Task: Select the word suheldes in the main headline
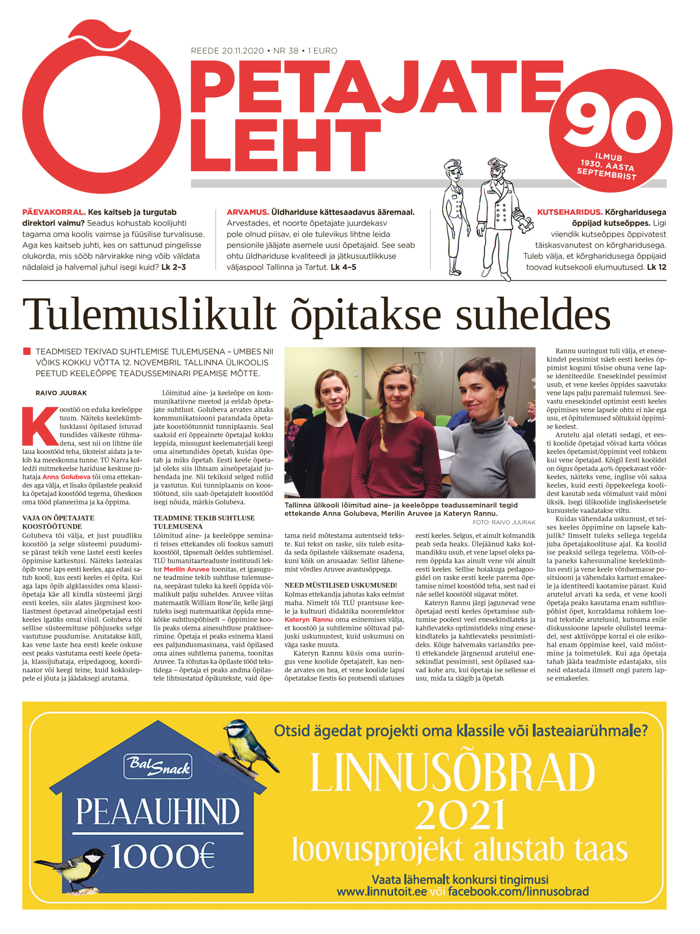click(533, 314)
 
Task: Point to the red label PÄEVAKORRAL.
click(54, 212)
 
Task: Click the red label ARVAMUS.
click(248, 212)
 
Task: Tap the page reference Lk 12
click(656, 267)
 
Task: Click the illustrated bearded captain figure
click(500, 215)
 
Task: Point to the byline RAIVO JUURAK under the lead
click(61, 393)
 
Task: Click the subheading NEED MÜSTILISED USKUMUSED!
click(340, 585)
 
